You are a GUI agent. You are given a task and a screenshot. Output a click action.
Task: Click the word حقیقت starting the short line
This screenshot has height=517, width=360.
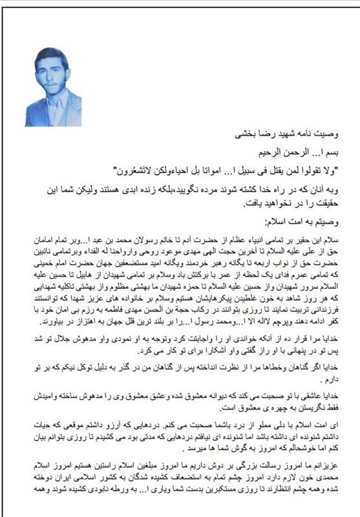coord(337,205)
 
